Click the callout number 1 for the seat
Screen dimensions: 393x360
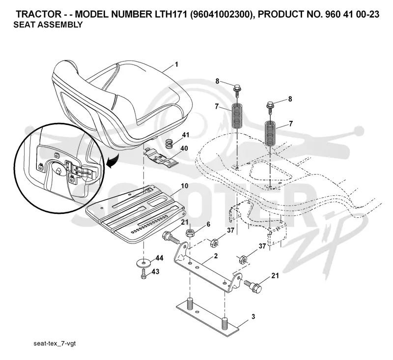coord(176,64)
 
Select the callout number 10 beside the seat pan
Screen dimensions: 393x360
coord(184,186)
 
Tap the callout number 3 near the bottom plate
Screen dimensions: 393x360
coord(253,317)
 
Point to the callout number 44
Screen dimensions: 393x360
coord(159,258)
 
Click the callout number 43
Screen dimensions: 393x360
coord(155,271)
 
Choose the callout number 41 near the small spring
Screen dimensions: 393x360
coord(186,135)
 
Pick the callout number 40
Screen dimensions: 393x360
coord(184,148)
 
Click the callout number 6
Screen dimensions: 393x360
coord(208,224)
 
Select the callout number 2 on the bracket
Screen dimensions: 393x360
coord(216,256)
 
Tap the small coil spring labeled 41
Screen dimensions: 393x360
coord(170,144)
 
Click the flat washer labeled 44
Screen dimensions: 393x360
coord(143,263)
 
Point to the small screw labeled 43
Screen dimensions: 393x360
coord(143,274)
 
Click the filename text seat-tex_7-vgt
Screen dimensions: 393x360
coord(55,343)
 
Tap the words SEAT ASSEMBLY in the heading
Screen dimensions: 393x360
coord(48,25)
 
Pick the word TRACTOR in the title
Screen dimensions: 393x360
coord(39,14)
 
